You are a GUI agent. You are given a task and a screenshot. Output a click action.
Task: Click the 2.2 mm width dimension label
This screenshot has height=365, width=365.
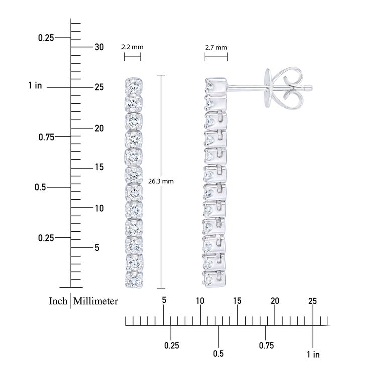pyautogui.click(x=132, y=47)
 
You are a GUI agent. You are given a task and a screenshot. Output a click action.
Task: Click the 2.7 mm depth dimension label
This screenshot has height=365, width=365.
pyautogui.click(x=216, y=48)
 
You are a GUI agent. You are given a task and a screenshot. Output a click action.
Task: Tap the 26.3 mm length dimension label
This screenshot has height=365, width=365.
pyautogui.click(x=161, y=181)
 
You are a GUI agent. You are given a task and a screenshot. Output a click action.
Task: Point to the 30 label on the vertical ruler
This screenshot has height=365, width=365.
pyautogui.click(x=99, y=47)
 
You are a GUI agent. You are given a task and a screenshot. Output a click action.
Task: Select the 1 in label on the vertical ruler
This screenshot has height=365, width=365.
pyautogui.click(x=35, y=85)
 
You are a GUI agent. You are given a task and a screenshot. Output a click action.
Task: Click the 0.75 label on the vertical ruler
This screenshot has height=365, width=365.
pyautogui.click(x=46, y=137)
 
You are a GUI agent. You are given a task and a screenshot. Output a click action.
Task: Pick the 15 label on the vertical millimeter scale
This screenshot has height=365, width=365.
pyautogui.click(x=99, y=167)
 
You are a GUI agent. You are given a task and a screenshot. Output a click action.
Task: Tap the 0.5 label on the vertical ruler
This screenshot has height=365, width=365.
pyautogui.click(x=40, y=187)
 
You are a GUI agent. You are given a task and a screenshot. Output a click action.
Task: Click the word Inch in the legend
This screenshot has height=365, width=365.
pyautogui.click(x=58, y=301)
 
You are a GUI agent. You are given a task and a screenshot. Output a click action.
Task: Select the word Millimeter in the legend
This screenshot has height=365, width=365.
pyautogui.click(x=96, y=301)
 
